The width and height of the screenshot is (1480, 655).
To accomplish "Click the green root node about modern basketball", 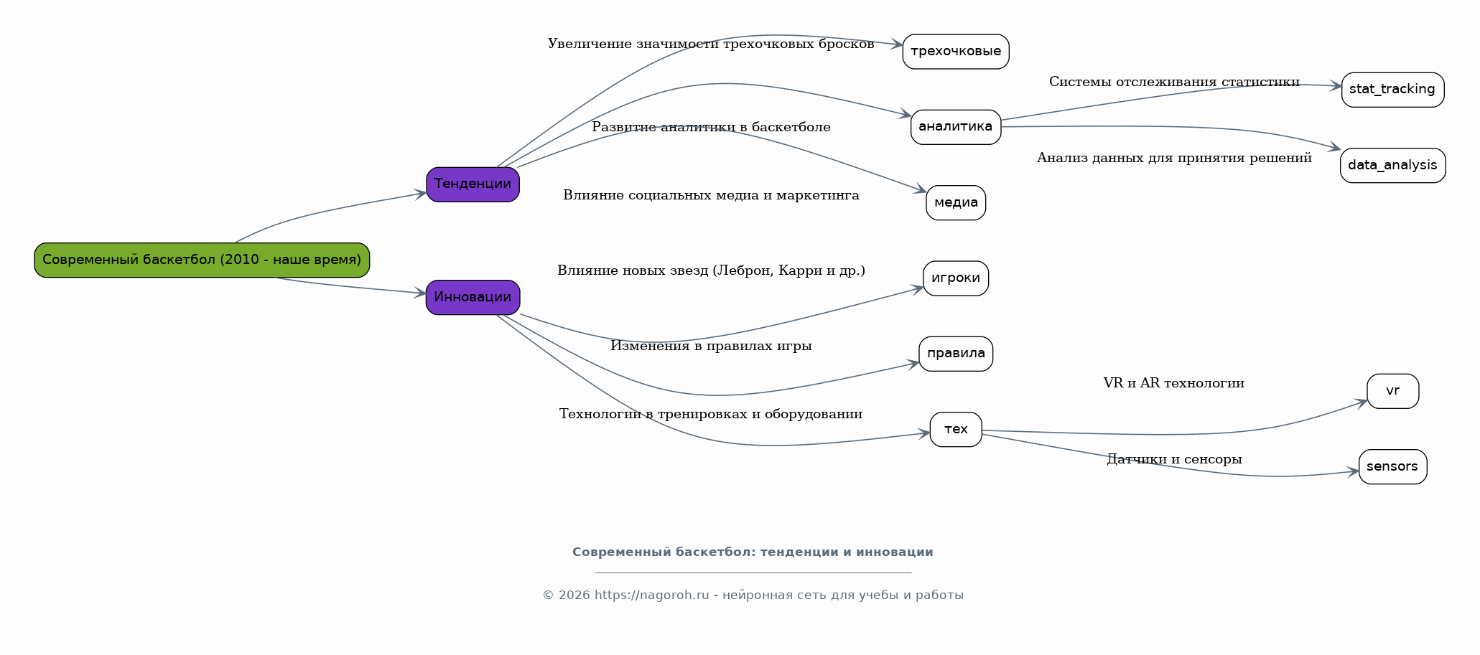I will (202, 260).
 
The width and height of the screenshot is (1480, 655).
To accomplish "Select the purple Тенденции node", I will (473, 184).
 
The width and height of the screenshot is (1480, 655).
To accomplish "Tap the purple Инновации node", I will (473, 297).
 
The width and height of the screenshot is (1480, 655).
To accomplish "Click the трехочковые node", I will (955, 52).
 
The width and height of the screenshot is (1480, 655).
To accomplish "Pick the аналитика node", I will (955, 127).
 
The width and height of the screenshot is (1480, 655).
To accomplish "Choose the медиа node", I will (955, 203).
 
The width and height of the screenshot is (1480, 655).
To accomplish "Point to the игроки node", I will (955, 278).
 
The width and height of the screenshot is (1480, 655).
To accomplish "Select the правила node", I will (955, 354).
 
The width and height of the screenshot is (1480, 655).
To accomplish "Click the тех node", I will (955, 430).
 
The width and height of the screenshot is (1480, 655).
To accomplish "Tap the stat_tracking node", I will (1392, 90).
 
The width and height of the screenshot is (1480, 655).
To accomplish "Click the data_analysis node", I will (1392, 166).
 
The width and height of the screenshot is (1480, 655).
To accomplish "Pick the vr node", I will (1392, 391).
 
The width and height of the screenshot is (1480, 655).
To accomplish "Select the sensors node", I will (1392, 467).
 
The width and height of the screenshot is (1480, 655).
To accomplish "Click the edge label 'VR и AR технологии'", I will (1173, 383).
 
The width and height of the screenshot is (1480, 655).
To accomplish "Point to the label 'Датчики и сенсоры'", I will (1173, 459).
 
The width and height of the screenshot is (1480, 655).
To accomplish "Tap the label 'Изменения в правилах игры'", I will (711, 346).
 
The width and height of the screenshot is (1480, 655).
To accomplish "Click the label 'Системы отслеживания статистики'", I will (1173, 82).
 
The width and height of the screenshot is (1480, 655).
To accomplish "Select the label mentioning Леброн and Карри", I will (711, 270).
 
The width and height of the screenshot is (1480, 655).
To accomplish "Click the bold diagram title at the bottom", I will (753, 552).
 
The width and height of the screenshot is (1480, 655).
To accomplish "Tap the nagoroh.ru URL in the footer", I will (651, 595).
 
